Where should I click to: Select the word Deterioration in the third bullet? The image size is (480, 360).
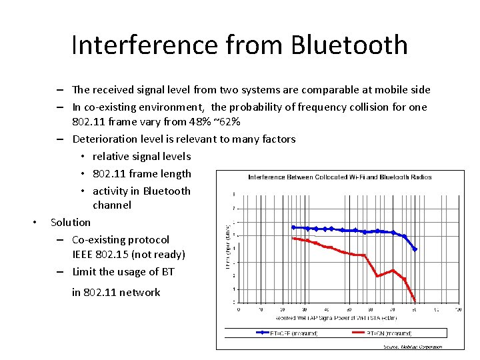click(x=105, y=139)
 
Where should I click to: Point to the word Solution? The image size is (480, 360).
click(x=71, y=222)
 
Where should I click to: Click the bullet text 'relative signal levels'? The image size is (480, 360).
click(x=141, y=157)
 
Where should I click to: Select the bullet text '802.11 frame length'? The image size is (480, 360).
click(x=141, y=174)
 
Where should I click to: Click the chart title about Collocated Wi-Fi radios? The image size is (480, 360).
click(x=339, y=177)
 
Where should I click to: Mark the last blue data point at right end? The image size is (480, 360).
click(x=415, y=249)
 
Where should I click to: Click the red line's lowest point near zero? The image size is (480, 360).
click(x=415, y=300)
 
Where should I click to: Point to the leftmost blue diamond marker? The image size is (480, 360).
click(x=293, y=227)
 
